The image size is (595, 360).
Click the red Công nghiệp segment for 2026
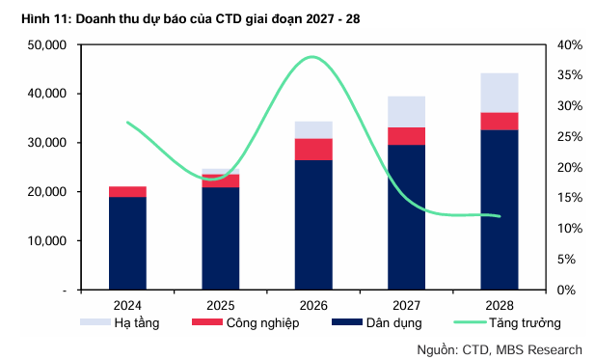coord(313,150)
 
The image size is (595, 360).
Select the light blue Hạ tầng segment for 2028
coord(500,93)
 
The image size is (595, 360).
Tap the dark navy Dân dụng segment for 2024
coord(127,243)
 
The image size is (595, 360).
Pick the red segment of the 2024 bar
coord(127,192)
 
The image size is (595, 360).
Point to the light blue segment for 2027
coord(406,112)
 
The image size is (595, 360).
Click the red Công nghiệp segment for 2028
coord(500,122)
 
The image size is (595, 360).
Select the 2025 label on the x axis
coord(221,305)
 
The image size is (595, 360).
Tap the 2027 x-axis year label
coord(406,305)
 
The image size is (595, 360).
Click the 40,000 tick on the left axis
coord(47,94)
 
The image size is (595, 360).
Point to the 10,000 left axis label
coord(47,240)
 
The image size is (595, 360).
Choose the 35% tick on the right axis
coord(570,75)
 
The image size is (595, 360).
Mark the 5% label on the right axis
coord(566,260)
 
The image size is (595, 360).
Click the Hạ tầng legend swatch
coord(95,322)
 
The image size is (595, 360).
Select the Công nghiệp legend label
coord(263,323)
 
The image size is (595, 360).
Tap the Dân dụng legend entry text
coord(393,323)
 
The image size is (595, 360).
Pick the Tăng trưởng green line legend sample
coord(470,322)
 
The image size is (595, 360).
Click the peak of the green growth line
coord(311,57)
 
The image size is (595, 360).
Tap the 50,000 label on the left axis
coord(47,44)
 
